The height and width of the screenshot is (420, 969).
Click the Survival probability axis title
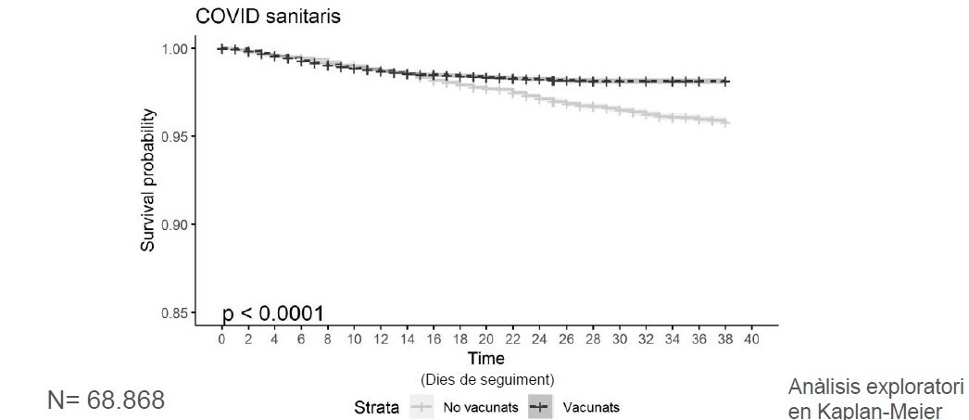(148, 180)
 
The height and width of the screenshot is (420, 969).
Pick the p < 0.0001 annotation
(273, 313)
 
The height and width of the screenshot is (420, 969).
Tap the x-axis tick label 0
(222, 339)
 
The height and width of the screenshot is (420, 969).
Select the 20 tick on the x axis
(487, 339)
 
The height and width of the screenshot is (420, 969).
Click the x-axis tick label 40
(752, 339)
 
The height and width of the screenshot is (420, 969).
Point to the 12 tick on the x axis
(381, 339)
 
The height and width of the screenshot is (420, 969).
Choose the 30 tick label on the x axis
(620, 339)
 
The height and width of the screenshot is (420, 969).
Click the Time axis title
(486, 358)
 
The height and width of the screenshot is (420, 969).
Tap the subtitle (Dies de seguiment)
(486, 379)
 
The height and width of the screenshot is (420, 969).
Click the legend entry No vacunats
(480, 407)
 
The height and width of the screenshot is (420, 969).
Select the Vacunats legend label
(591, 407)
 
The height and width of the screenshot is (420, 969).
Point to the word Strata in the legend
(376, 407)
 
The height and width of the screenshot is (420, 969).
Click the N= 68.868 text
(106, 401)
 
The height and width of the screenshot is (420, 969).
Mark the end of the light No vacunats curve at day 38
(725, 122)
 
